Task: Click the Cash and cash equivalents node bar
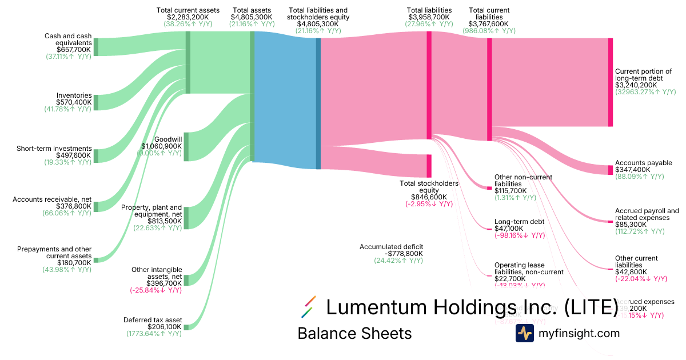click(96, 47)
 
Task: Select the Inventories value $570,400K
click(74, 102)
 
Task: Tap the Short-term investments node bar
click(96, 156)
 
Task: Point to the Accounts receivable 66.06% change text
click(67, 213)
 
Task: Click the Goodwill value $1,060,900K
click(161, 146)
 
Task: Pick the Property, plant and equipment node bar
click(186, 218)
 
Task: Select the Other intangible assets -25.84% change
click(156, 290)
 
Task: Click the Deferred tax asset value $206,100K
click(165, 327)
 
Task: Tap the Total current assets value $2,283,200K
click(188, 17)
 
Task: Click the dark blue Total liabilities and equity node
click(318, 103)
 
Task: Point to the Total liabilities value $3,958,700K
click(429, 17)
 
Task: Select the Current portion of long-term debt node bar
click(610, 82)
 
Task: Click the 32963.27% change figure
click(645, 92)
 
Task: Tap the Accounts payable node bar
click(610, 170)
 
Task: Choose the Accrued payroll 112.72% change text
click(640, 231)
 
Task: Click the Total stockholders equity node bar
click(429, 166)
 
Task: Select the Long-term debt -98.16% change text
click(519, 235)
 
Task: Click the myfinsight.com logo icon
click(524, 333)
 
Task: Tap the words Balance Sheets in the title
click(354, 333)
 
